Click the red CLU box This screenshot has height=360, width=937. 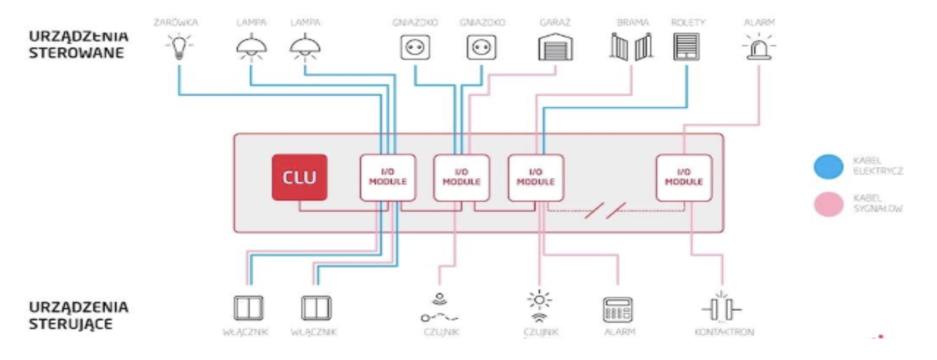[x=299, y=177]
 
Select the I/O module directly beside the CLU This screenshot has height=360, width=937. [x=388, y=177]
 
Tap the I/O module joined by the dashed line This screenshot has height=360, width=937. [x=684, y=177]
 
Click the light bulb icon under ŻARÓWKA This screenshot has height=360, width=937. [x=179, y=47]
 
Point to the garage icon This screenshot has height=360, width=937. [x=555, y=47]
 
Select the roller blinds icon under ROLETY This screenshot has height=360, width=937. [x=686, y=47]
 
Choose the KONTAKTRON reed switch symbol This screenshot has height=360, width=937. [x=721, y=309]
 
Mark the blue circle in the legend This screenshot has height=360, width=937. [x=828, y=166]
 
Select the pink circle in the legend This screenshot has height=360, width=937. [x=828, y=204]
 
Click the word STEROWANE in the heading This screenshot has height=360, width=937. [x=76, y=53]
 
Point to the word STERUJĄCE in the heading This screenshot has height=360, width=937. [x=71, y=324]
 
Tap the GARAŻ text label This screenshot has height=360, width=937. [x=555, y=22]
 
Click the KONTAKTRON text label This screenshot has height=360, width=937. [x=724, y=332]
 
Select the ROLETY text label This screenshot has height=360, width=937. [x=688, y=22]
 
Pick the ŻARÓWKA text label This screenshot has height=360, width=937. [x=176, y=22]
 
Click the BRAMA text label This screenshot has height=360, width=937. [x=632, y=22]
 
